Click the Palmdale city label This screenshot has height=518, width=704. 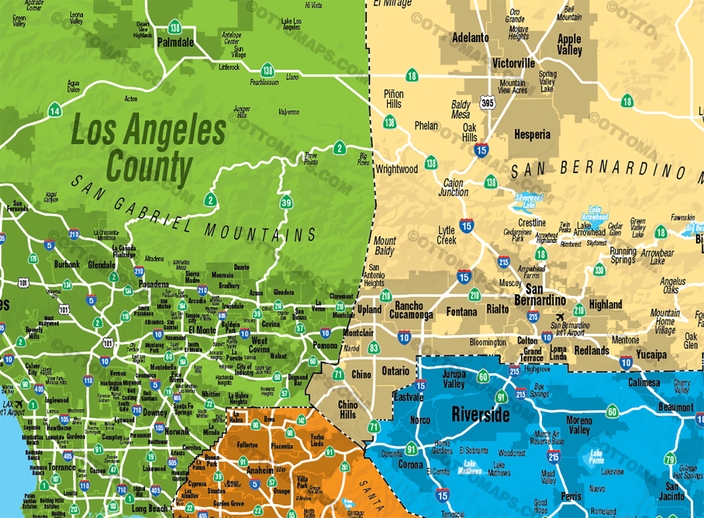point(175,42)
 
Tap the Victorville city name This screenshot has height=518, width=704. point(513,63)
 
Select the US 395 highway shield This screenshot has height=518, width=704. point(487,102)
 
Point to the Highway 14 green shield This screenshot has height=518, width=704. point(55,110)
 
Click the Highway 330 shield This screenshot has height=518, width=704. point(599,270)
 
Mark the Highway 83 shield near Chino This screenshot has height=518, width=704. point(374,348)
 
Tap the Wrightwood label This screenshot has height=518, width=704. point(397,169)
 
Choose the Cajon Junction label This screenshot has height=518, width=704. point(453,187)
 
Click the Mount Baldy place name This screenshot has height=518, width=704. point(385,246)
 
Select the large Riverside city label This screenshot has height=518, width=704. point(480,415)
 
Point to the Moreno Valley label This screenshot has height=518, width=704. point(579,425)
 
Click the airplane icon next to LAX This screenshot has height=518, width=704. point(19,404)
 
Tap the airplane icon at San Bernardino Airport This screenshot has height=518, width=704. point(560,317)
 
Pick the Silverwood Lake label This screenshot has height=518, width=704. point(529,201)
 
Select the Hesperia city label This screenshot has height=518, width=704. point(532,135)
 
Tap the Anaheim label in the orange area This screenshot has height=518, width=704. point(260,471)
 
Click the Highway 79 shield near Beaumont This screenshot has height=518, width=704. point(670,459)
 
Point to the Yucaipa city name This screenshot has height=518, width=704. point(651,355)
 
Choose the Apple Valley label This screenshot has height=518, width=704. point(569,44)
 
